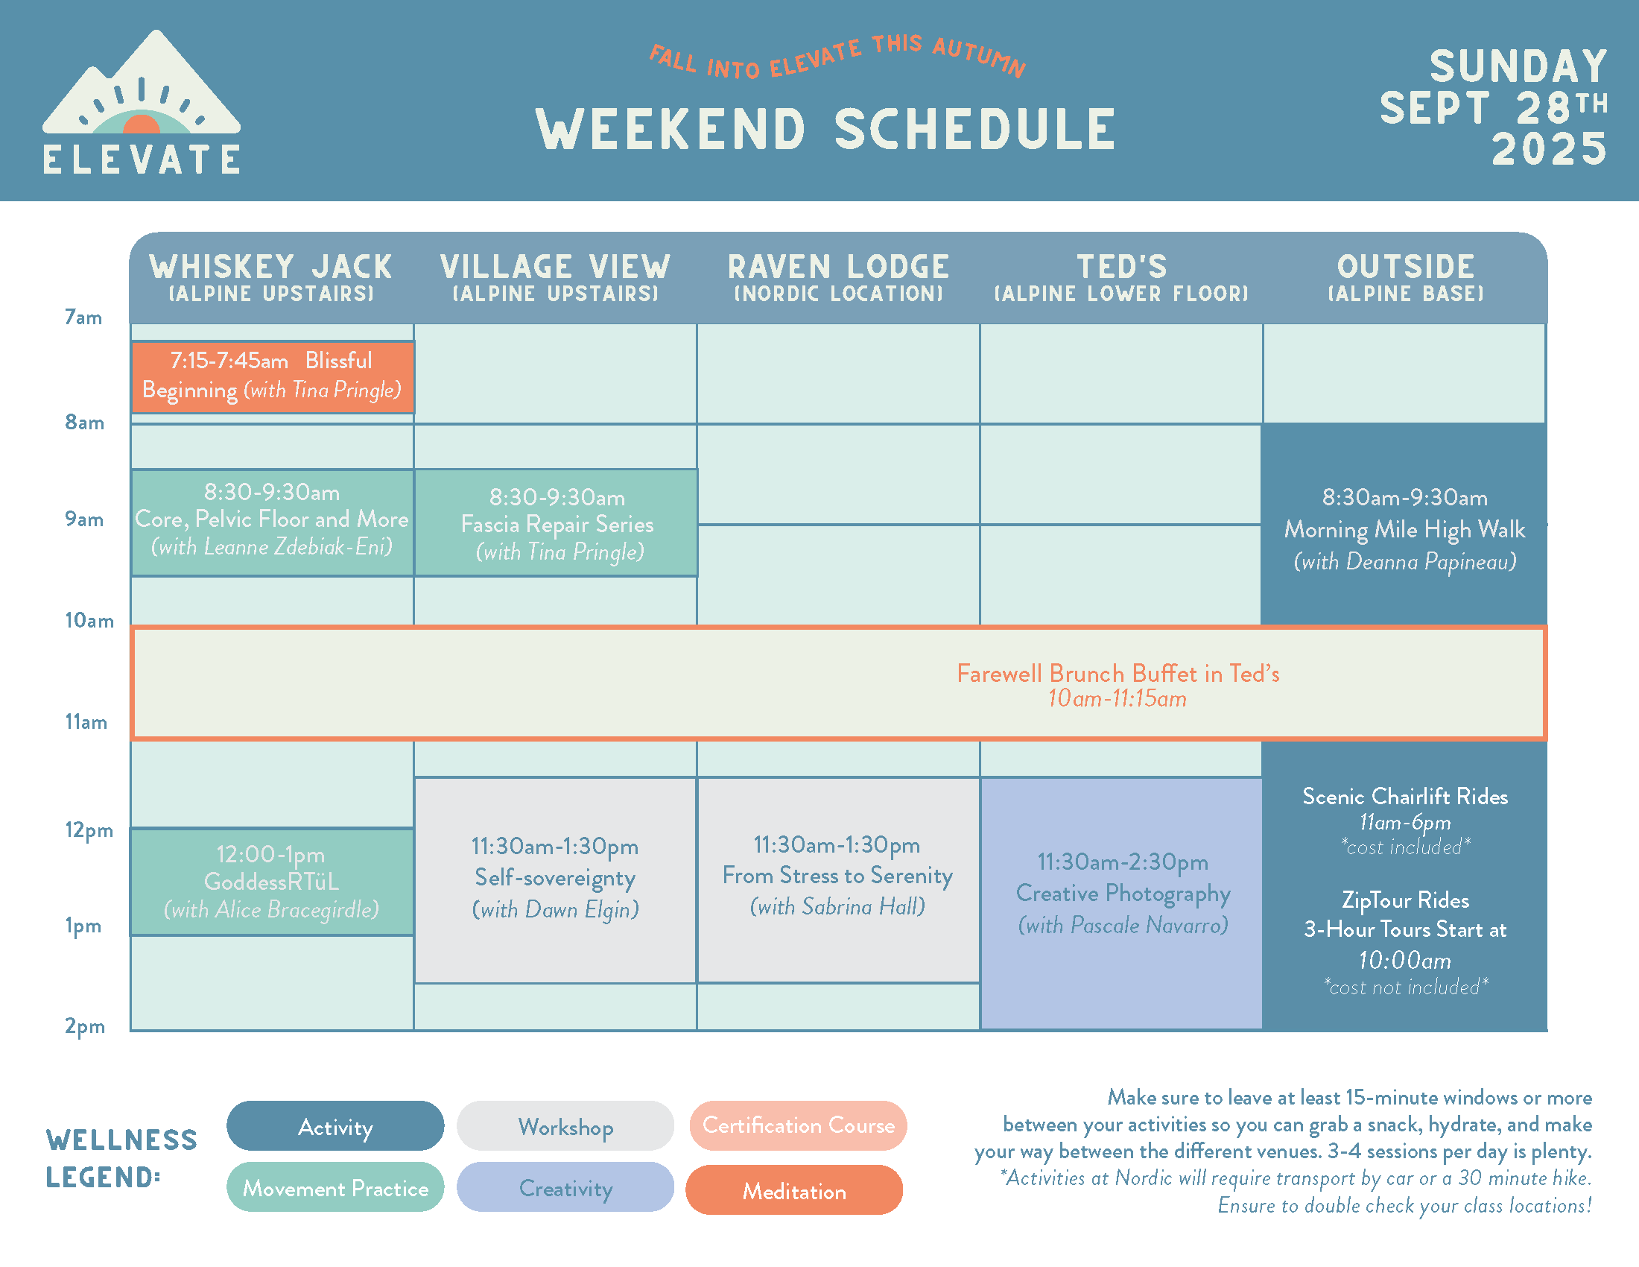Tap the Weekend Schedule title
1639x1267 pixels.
pos(825,129)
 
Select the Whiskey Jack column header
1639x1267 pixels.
pos(271,277)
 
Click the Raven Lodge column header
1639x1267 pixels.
pos(838,277)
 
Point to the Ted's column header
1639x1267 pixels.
pos(1121,277)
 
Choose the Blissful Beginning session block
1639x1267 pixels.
pos(273,377)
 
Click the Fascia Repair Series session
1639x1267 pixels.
pos(556,523)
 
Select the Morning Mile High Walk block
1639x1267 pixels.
pos(1404,525)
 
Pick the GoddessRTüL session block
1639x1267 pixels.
pos(272,882)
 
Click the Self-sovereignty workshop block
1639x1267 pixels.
pos(555,879)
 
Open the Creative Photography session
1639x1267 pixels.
pos(1122,903)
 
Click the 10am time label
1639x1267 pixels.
pos(89,621)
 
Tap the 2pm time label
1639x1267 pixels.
pos(85,1026)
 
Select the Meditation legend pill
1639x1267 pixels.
pos(794,1190)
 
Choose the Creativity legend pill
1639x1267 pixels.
pos(565,1187)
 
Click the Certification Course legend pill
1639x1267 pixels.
pos(798,1125)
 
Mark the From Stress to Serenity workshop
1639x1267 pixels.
pos(838,879)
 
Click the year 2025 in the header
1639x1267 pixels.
pos(1548,148)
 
